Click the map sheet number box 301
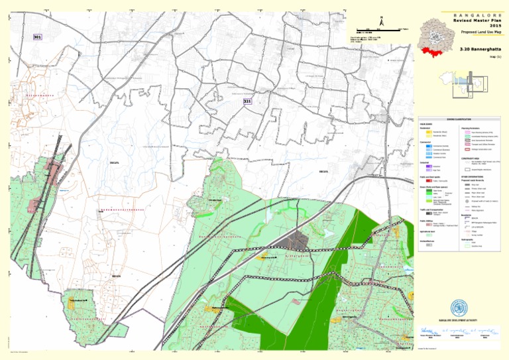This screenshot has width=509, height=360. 38,37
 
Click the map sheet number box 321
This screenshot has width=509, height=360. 247,101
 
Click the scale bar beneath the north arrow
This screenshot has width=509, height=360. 378,30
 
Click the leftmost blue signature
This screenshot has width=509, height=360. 425,330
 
